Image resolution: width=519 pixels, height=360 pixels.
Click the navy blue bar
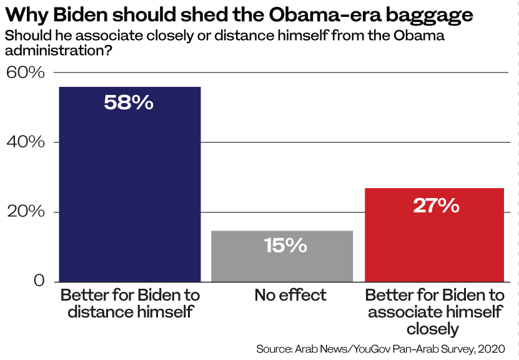click(x=129, y=187)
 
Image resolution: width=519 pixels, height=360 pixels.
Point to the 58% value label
click(x=129, y=102)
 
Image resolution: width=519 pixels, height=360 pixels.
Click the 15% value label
click(x=285, y=246)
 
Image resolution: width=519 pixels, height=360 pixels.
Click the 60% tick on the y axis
click(x=26, y=72)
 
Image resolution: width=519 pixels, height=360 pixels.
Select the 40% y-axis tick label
click(x=26, y=142)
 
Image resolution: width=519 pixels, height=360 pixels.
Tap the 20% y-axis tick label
click(x=26, y=212)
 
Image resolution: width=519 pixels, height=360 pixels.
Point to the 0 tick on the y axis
click(x=39, y=281)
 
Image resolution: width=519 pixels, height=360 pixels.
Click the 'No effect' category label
click(x=290, y=295)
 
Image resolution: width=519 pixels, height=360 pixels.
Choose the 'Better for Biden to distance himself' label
click(x=129, y=303)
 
